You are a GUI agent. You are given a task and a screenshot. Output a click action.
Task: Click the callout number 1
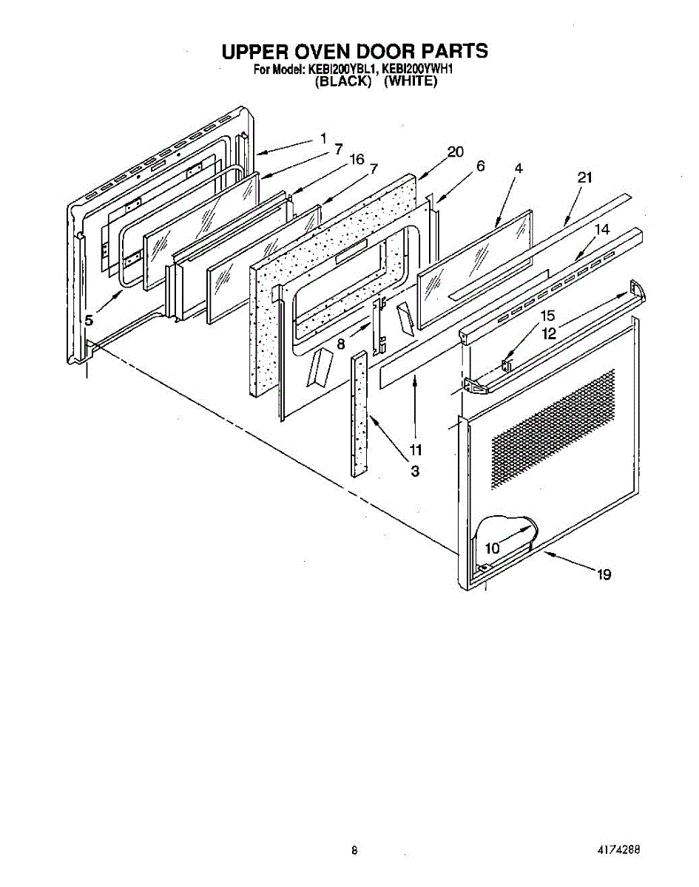tap(323, 137)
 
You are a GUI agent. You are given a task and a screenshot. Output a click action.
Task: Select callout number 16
tap(357, 159)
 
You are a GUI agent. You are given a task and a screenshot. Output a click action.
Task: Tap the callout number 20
tap(455, 152)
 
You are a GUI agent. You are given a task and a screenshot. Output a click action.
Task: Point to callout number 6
tap(481, 166)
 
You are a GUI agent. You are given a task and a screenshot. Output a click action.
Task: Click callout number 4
tap(519, 169)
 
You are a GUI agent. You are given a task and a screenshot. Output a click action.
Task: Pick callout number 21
tap(585, 177)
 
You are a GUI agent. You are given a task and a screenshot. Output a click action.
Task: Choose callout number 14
tap(602, 230)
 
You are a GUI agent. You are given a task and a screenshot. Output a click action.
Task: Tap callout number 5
tap(89, 320)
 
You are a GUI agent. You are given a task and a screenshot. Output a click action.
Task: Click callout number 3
tap(415, 471)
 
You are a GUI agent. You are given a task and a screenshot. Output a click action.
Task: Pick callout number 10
tap(493, 548)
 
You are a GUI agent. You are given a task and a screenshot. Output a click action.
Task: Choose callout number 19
tap(604, 574)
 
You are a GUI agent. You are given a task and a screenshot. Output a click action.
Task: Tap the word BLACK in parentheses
tap(342, 81)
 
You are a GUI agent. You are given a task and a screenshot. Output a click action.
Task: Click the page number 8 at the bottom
tap(355, 852)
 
